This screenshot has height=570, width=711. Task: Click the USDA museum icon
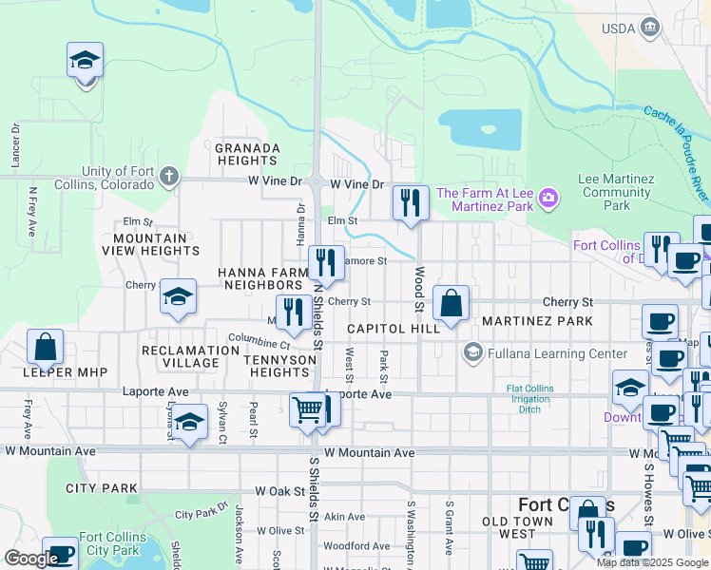pyautogui.click(x=650, y=28)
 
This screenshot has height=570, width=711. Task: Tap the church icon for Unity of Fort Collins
pyautogui.click(x=168, y=176)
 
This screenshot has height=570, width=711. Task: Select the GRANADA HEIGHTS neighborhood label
pyautogui.click(x=247, y=155)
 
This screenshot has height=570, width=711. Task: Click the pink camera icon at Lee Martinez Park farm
pyautogui.click(x=548, y=199)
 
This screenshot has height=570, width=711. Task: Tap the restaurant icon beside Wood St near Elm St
pyautogui.click(x=411, y=203)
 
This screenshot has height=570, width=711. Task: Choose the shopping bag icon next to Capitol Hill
pyautogui.click(x=451, y=304)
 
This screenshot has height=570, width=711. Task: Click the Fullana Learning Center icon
pyautogui.click(x=471, y=354)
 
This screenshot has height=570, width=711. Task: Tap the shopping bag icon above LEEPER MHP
pyautogui.click(x=46, y=347)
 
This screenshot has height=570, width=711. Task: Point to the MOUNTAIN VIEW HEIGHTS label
pyautogui.click(x=157, y=244)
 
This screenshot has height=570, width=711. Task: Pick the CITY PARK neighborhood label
pyautogui.click(x=102, y=488)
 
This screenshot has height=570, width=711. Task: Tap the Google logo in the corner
pyautogui.click(x=31, y=559)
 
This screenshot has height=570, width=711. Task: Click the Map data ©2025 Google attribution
pyautogui.click(x=652, y=562)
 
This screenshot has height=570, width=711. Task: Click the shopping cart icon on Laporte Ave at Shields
pyautogui.click(x=306, y=410)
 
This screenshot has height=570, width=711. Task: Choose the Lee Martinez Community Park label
pyautogui.click(x=617, y=192)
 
